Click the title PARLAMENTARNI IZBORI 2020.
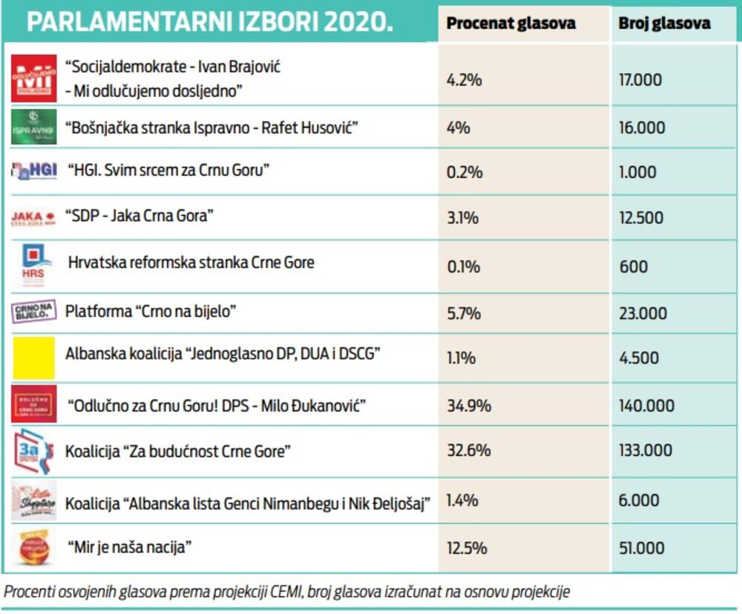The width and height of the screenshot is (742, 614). pyautogui.click(x=210, y=23)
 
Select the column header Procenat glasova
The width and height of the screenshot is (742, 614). pyautogui.click(x=511, y=24)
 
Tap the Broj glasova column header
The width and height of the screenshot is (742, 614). pyautogui.click(x=664, y=24)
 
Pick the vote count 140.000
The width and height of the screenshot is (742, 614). pyautogui.click(x=646, y=406)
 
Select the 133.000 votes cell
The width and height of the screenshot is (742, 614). pyautogui.click(x=646, y=450)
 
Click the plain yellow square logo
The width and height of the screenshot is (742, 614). pyautogui.click(x=34, y=357)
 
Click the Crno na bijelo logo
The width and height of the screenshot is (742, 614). pyautogui.click(x=34, y=311)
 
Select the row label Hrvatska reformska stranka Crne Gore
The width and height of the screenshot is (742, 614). pyautogui.click(x=191, y=263)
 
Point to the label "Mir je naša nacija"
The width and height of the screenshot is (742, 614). pyautogui.click(x=130, y=548)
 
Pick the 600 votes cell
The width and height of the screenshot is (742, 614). pyautogui.click(x=633, y=267)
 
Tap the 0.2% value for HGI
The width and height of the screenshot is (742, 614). pyautogui.click(x=464, y=172)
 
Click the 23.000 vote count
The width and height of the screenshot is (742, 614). pyautogui.click(x=643, y=314)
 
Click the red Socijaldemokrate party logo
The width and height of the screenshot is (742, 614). pyautogui.click(x=34, y=78)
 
